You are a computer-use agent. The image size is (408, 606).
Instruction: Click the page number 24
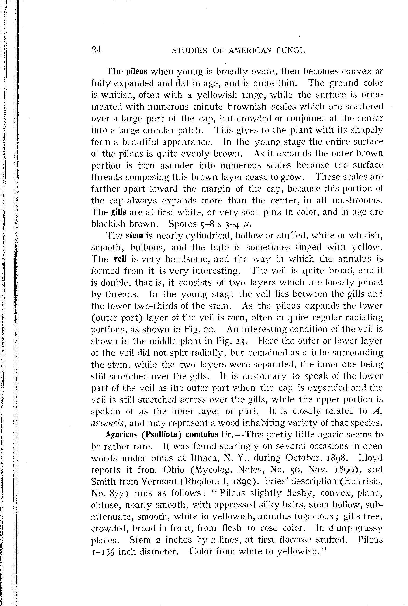(x=96, y=50)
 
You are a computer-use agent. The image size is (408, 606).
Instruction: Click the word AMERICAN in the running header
(x=249, y=50)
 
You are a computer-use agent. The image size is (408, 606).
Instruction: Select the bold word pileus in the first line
(x=137, y=72)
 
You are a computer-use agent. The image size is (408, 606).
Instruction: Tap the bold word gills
(x=119, y=212)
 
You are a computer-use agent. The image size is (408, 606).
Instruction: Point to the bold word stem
(x=135, y=236)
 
